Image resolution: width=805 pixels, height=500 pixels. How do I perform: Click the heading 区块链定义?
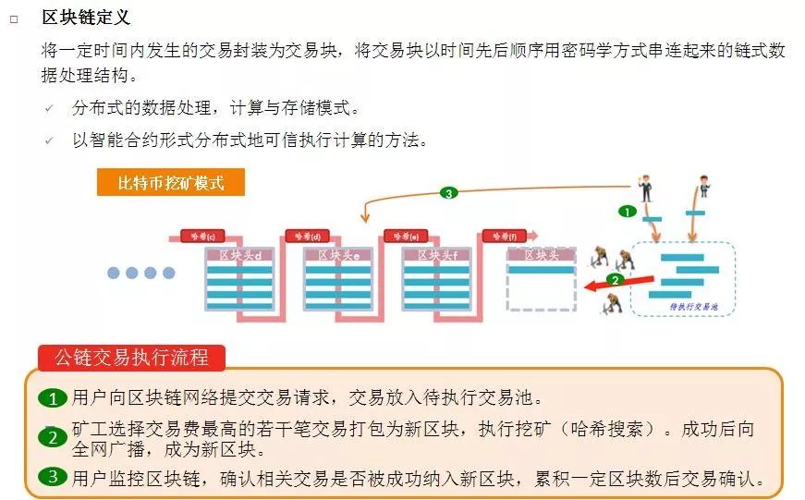[86, 18]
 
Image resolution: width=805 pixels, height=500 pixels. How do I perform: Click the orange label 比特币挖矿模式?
[171, 182]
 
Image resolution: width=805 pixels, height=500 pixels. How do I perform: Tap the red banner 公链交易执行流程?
[131, 358]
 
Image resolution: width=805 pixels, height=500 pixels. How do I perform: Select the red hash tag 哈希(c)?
[202, 237]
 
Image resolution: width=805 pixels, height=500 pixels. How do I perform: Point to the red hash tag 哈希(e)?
[407, 237]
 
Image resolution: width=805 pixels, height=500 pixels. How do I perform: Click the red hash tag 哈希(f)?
[505, 237]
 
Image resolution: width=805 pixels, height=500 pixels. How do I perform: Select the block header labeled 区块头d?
[239, 255]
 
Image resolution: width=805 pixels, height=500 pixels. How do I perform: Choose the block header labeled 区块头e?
[338, 255]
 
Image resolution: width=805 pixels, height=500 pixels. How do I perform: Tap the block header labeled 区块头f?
[437, 255]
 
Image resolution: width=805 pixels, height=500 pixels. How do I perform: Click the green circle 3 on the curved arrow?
[449, 193]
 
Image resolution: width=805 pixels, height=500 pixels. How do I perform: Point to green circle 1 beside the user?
[626, 211]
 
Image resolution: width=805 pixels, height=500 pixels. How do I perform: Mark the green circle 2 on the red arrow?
[613, 279]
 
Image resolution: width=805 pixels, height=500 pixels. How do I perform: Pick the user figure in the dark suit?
[645, 186]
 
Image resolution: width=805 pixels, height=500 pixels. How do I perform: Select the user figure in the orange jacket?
[703, 185]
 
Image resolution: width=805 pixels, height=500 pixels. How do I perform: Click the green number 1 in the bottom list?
[53, 399]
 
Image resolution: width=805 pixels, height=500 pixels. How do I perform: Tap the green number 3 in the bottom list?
[53, 478]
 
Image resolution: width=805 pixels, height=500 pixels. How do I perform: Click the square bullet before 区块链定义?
[14, 18]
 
